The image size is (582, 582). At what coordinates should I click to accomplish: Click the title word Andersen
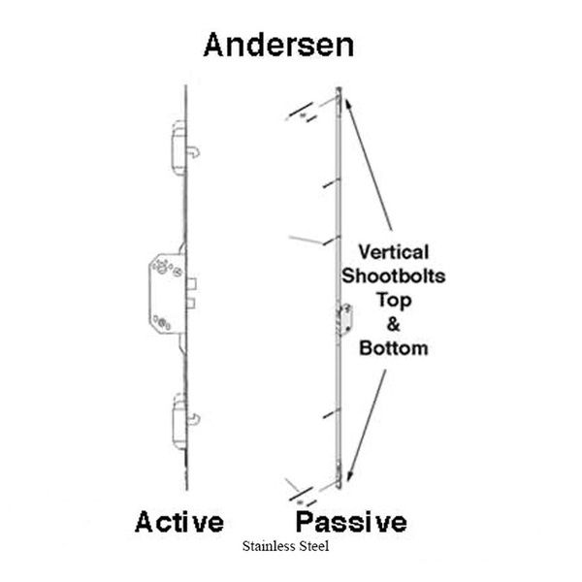278,45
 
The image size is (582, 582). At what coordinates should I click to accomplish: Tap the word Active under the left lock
179,522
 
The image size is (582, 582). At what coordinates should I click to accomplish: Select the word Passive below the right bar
351,522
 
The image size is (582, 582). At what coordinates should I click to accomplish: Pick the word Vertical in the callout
394,252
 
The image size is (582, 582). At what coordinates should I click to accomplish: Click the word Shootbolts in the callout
394,276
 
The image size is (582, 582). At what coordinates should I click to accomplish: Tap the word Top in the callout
394,301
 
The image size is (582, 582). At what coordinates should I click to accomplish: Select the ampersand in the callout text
394,324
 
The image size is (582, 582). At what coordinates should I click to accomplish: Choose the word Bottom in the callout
394,348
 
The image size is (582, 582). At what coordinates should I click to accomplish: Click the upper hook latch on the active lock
194,152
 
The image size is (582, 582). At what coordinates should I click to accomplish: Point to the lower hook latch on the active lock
194,419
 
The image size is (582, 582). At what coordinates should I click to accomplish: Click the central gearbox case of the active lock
167,293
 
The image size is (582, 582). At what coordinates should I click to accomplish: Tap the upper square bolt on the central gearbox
191,283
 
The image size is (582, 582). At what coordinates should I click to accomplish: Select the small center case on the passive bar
346,319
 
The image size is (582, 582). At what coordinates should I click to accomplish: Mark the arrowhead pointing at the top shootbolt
348,104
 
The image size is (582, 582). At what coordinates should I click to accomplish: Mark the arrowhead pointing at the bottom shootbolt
349,475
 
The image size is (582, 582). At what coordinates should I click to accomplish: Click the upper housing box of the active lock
178,147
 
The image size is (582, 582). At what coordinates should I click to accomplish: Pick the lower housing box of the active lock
180,421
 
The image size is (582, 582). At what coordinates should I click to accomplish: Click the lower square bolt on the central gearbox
191,303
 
